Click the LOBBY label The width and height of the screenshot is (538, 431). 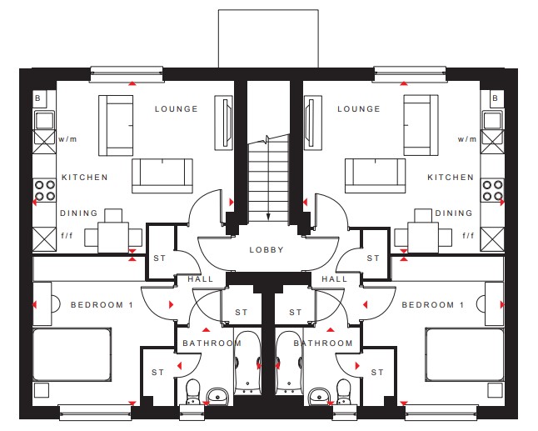[x=267, y=249]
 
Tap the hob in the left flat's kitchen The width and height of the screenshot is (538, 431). [x=45, y=190]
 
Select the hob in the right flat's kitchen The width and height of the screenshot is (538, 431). [x=492, y=190]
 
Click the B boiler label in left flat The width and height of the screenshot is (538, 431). [x=37, y=98]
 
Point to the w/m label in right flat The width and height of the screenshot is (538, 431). [x=467, y=139]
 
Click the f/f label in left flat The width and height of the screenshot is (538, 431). [x=67, y=236]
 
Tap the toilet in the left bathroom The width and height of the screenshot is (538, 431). [x=192, y=392]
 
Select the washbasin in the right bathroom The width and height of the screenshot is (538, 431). [x=320, y=397]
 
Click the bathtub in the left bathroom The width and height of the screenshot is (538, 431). [x=247, y=363]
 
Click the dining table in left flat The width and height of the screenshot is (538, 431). [x=113, y=238]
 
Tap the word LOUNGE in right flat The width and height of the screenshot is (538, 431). [x=359, y=109]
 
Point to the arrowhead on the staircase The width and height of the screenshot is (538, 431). [x=268, y=217]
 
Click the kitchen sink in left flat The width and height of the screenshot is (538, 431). [x=45, y=120]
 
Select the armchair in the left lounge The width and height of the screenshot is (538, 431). [x=116, y=126]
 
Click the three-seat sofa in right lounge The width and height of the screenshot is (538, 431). [x=375, y=176]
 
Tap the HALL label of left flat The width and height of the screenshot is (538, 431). [x=201, y=279]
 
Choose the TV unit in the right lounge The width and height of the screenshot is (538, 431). [x=312, y=123]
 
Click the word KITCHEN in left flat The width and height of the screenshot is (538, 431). [x=85, y=178]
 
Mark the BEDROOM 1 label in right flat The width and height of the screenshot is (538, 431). [x=433, y=304]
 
